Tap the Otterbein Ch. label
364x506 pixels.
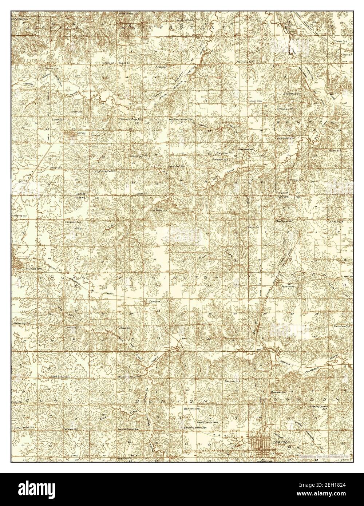(286, 108)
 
